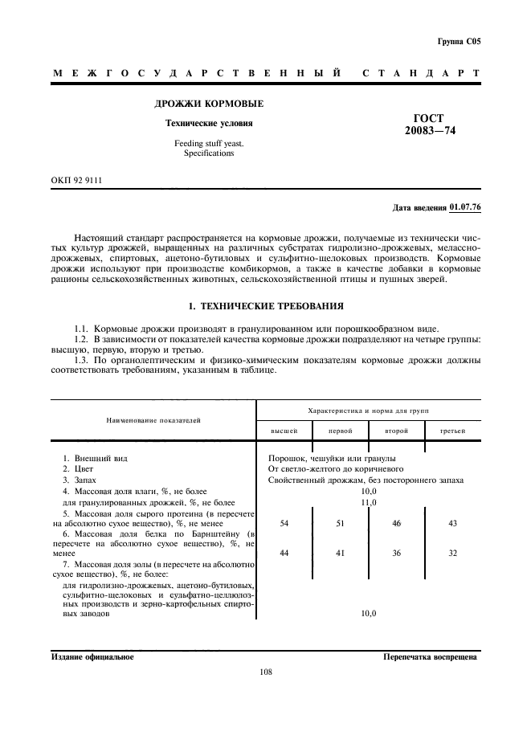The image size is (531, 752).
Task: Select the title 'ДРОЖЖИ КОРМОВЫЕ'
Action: (209, 104)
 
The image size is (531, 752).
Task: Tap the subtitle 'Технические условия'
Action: (209, 124)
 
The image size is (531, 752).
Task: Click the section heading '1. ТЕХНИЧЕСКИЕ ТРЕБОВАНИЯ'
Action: (265, 306)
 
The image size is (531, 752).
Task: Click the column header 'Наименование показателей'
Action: (152, 420)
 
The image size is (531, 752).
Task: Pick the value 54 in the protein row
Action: (284, 523)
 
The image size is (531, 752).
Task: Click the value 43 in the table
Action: (452, 523)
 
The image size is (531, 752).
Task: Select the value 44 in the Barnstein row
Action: (284, 554)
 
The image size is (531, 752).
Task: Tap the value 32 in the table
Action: (452, 554)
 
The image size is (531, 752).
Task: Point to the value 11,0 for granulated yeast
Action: (368, 501)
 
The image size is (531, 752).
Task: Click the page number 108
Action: (266, 672)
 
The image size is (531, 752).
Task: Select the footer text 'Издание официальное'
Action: (92, 656)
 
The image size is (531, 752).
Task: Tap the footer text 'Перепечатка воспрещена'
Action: (431, 656)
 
